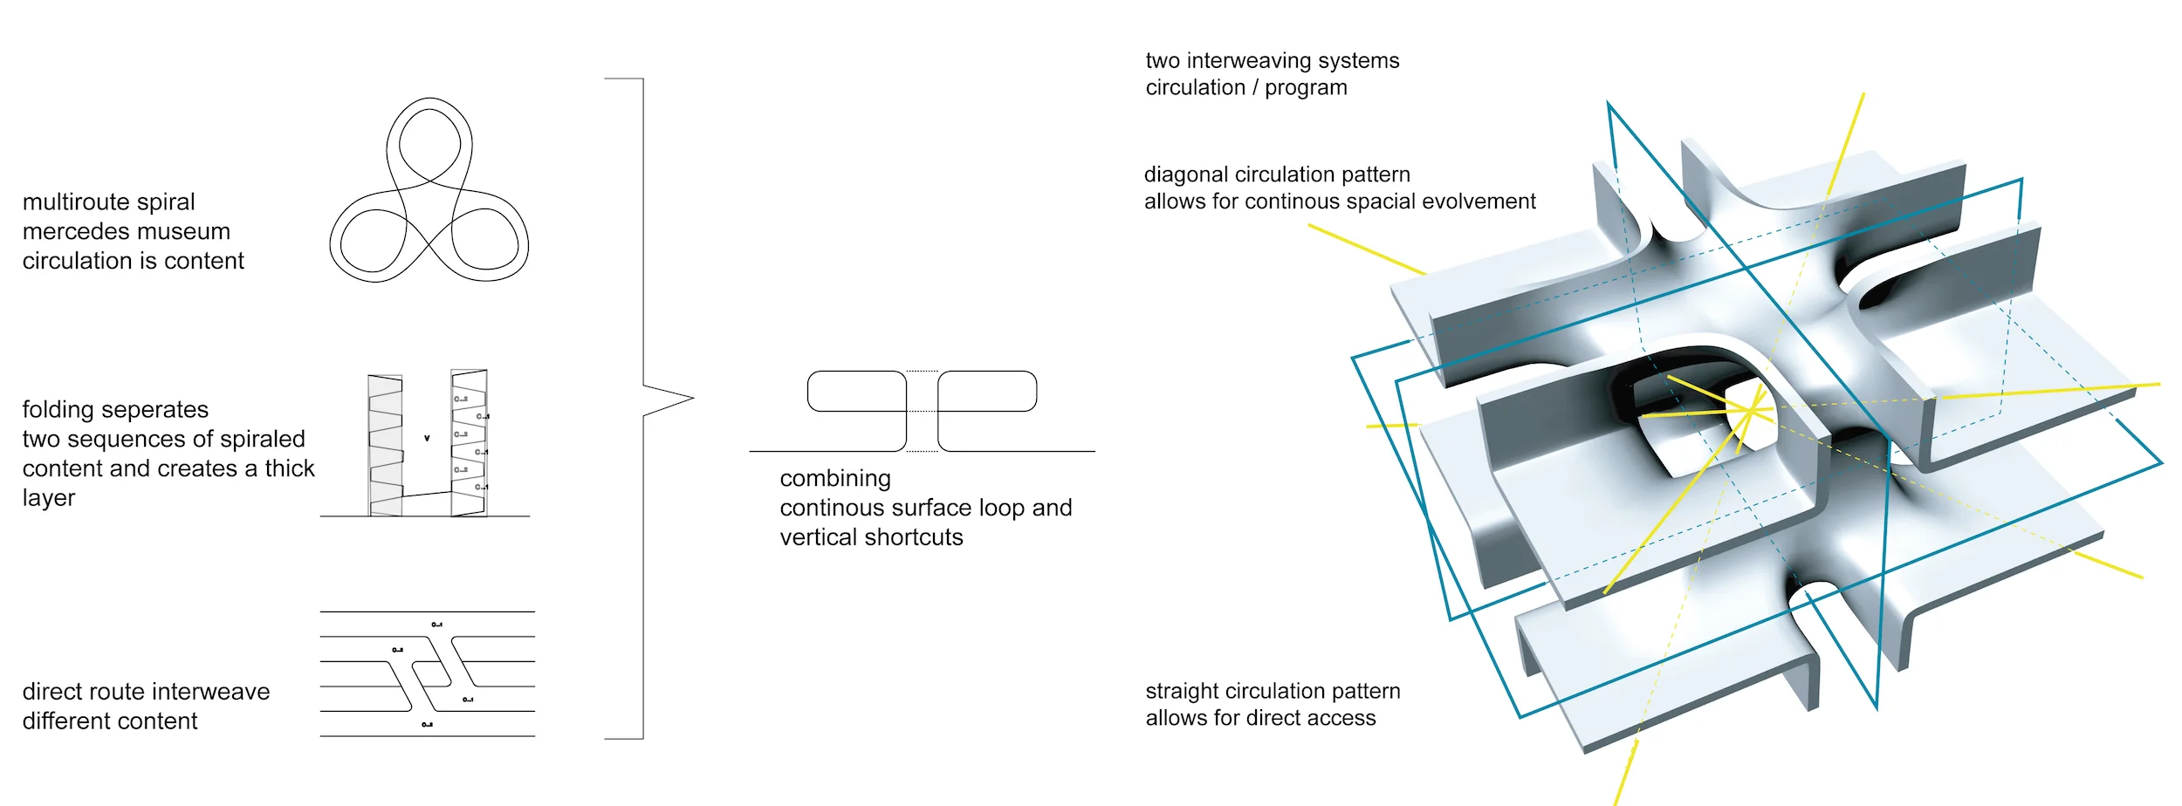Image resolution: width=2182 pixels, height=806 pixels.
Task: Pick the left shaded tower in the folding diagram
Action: (x=385, y=445)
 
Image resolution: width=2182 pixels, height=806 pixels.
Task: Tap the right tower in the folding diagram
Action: (x=469, y=443)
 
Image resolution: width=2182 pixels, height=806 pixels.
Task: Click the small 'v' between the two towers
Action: (x=427, y=438)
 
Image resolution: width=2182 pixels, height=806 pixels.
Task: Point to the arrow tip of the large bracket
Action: (x=691, y=399)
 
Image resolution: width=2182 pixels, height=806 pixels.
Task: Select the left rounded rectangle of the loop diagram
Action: (x=856, y=391)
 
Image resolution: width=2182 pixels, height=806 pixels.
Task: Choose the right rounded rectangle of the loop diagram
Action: (x=987, y=391)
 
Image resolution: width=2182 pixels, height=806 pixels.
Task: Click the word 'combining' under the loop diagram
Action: (x=835, y=479)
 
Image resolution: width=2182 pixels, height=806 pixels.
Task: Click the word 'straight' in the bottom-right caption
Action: (x=1182, y=691)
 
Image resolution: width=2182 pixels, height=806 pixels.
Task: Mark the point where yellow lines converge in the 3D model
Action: (x=1751, y=410)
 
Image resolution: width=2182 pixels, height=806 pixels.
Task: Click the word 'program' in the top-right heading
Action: (x=1306, y=88)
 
